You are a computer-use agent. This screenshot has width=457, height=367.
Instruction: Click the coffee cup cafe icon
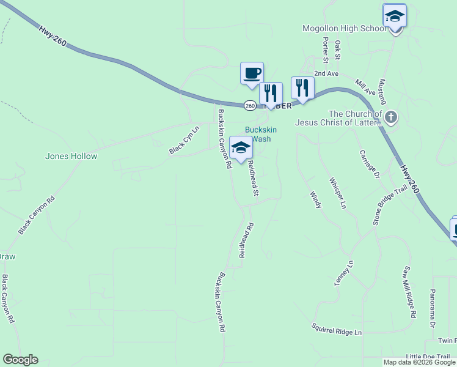[252, 73]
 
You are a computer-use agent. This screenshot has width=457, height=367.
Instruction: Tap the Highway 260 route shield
[250, 106]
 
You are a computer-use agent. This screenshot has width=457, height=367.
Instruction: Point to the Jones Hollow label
[71, 156]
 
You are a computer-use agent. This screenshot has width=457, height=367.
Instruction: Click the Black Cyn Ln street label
[184, 141]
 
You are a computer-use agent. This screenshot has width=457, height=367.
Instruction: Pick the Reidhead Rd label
[246, 240]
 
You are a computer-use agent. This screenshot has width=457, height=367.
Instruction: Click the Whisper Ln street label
[338, 192]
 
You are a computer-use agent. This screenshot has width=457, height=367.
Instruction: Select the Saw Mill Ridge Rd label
[409, 292]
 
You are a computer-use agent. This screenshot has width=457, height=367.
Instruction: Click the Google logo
[20, 360]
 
